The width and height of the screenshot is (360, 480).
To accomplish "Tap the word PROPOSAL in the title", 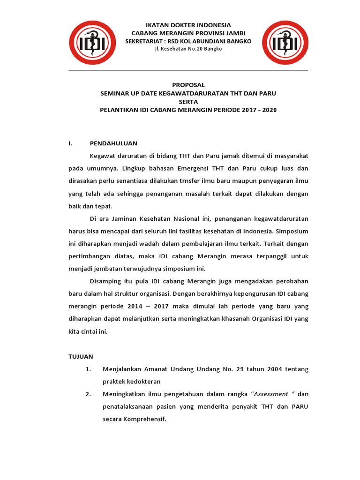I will tap(188, 85).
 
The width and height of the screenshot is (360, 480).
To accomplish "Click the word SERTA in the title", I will tap(188, 102).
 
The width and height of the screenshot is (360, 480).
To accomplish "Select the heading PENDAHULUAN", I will tap(114, 143).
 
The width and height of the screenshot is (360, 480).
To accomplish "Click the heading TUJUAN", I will tap(81, 356).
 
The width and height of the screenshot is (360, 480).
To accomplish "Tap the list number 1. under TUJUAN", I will tap(88, 369).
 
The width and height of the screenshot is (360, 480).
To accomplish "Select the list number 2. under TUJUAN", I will tap(88, 394).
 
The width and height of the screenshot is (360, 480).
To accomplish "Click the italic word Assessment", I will tap(271, 394).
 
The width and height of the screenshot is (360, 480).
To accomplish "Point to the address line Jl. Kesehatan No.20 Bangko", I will tap(188, 49).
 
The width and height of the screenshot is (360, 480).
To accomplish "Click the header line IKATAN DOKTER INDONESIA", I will tap(188, 25).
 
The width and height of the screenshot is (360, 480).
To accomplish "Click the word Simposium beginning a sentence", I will tap(292, 231).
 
